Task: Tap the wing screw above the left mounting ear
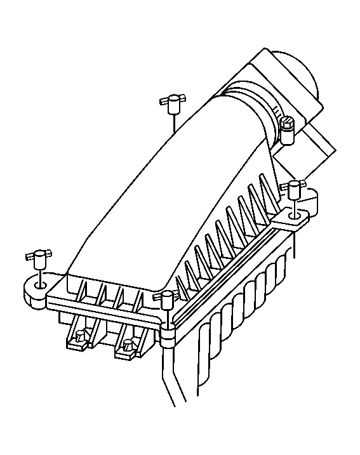tap(40, 256)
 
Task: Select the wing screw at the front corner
tap(167, 297)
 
